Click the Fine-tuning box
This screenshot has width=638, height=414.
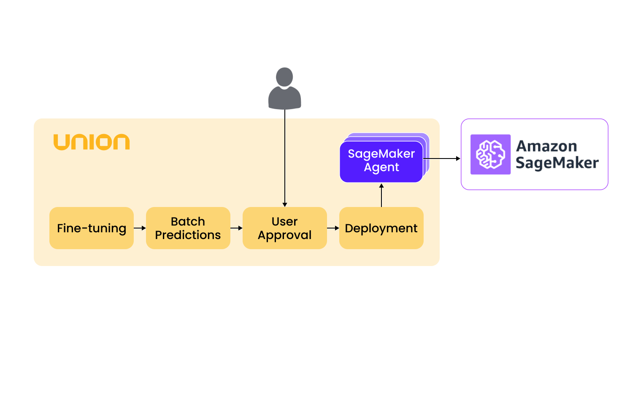(92, 228)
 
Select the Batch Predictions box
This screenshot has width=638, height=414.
(188, 228)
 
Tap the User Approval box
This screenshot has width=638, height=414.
(284, 228)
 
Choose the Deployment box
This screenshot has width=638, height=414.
(381, 228)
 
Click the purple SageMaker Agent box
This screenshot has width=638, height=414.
(381, 161)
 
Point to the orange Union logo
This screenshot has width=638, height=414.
(92, 142)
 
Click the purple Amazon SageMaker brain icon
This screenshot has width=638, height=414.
(490, 154)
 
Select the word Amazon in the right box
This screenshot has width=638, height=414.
(546, 146)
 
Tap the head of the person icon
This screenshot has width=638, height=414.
(284, 77)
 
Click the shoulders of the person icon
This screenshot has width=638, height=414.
(284, 99)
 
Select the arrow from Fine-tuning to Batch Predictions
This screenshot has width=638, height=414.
(140, 228)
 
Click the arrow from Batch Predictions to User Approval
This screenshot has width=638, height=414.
(236, 228)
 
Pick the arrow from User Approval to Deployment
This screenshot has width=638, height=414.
(333, 228)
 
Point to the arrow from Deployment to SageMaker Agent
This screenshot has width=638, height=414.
(381, 195)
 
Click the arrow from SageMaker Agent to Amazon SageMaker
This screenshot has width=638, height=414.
(441, 159)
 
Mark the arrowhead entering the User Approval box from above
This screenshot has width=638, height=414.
(285, 204)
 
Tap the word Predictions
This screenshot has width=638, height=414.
(188, 235)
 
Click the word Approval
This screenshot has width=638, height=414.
(284, 235)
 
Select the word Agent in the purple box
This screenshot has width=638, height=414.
(381, 167)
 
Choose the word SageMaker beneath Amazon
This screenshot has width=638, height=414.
(557, 163)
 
